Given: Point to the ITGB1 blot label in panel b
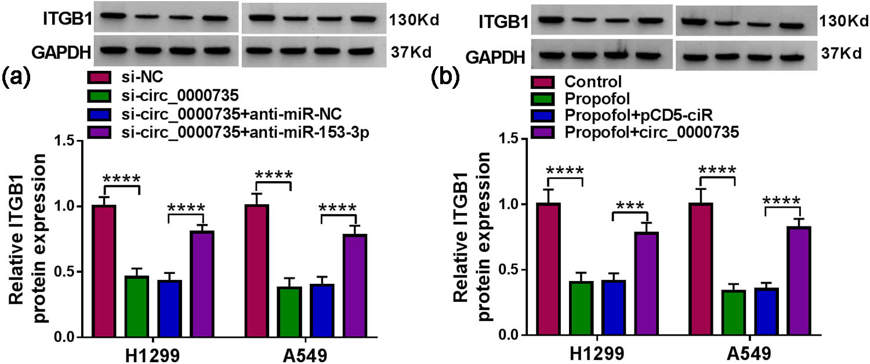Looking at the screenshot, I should (x=503, y=23).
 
